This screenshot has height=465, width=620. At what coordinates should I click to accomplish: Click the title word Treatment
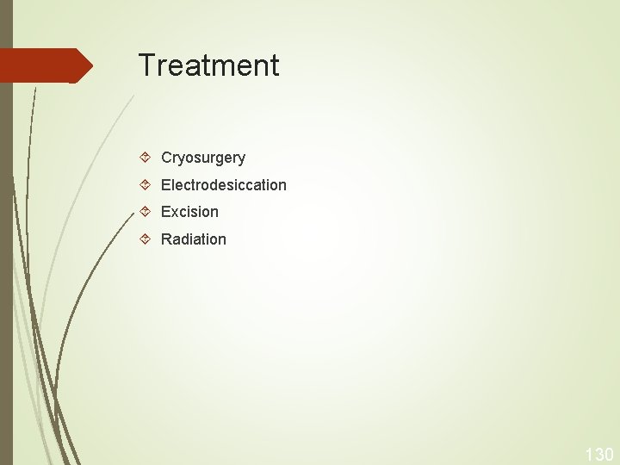(x=208, y=65)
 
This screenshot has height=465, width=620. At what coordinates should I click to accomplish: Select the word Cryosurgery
(x=203, y=158)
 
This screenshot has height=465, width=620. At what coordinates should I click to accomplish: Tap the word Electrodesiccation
(x=224, y=185)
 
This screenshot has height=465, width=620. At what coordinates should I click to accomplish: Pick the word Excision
(x=189, y=212)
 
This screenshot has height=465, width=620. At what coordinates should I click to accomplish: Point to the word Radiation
(x=194, y=239)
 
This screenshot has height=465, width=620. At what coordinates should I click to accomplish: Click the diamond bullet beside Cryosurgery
(x=146, y=158)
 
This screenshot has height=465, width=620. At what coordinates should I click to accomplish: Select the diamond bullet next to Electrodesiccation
(x=146, y=184)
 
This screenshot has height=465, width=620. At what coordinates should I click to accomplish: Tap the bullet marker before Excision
(x=146, y=211)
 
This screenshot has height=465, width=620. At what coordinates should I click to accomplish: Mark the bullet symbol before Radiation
(x=146, y=239)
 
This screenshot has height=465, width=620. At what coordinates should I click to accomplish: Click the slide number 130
(x=599, y=455)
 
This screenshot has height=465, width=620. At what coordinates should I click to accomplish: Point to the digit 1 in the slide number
(x=589, y=455)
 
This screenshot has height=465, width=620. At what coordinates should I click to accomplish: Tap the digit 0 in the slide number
(x=608, y=455)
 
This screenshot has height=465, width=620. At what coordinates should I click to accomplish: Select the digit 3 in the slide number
(x=598, y=455)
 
